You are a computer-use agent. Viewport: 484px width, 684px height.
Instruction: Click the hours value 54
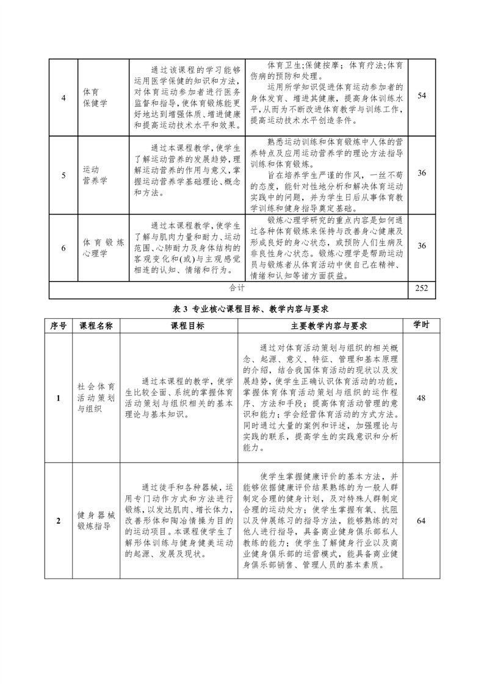pos(421,96)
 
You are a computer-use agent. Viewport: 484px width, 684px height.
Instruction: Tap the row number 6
pos(65,248)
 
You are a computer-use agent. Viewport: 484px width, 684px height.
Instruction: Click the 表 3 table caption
pos(243,308)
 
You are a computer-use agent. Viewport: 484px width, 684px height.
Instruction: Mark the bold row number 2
pos(58,521)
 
